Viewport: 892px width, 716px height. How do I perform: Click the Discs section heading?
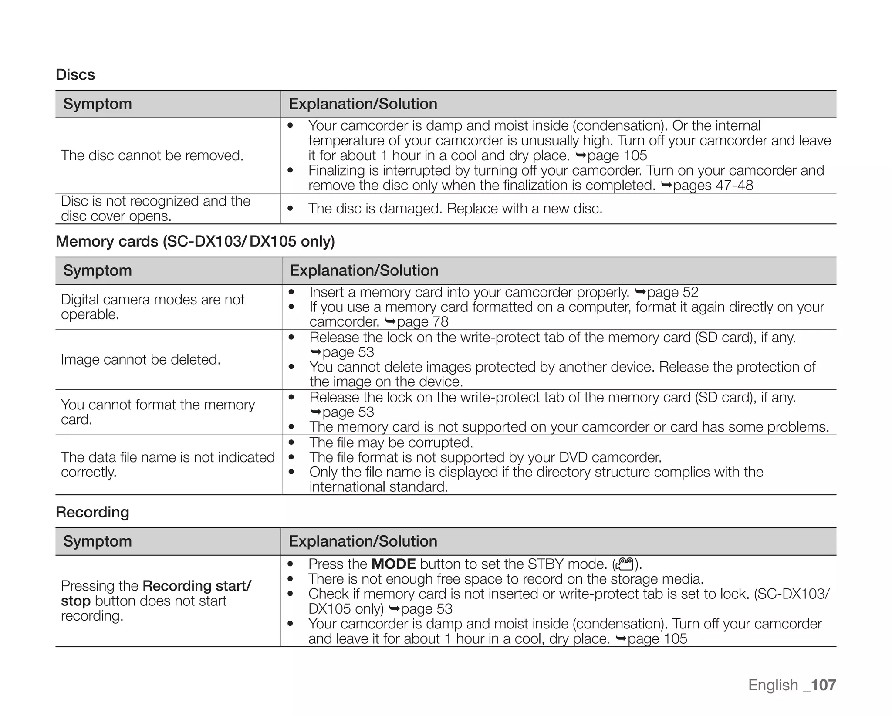coord(75,74)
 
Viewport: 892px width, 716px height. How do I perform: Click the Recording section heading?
coord(92,512)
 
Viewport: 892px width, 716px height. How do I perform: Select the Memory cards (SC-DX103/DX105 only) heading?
coord(195,241)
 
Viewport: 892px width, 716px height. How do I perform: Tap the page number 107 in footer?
coord(823,685)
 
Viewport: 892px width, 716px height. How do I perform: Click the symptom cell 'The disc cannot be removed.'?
coord(152,155)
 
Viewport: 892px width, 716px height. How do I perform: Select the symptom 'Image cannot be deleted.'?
coord(141,359)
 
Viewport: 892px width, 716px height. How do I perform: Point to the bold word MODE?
coord(393,564)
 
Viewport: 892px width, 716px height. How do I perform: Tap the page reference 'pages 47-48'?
coord(713,185)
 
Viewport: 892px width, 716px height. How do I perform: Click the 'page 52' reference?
coord(672,292)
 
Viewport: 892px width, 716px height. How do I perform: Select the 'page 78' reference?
coord(422,322)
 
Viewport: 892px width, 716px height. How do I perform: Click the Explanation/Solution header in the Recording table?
coord(363,541)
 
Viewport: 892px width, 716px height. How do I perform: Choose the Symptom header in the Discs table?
coord(97,104)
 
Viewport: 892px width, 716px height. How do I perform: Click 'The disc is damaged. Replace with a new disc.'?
coord(455,209)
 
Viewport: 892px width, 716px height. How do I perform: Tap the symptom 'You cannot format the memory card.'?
coord(157,412)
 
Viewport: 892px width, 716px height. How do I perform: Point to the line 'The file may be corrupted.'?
coord(391,442)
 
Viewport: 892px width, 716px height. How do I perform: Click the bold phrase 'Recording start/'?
coord(196,586)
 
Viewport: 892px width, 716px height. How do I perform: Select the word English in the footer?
coord(773,685)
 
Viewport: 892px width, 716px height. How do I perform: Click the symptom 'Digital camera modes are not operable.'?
coord(152,307)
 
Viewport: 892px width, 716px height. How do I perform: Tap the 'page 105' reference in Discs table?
coord(617,155)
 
